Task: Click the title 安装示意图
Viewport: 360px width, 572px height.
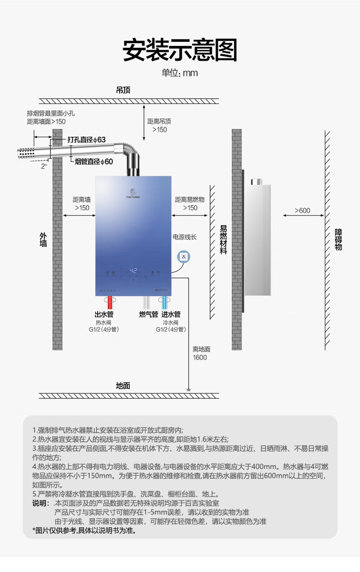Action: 180,50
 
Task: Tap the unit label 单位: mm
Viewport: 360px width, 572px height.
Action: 180,73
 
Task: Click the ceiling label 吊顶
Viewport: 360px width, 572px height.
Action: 123,91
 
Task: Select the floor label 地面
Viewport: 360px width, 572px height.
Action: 123,386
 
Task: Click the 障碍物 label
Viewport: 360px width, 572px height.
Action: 338,239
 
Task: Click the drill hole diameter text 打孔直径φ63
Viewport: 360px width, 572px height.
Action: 87,139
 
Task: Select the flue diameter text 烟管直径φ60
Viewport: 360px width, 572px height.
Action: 93,161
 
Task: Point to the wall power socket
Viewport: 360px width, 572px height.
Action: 184,257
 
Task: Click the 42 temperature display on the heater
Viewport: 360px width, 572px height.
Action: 133,271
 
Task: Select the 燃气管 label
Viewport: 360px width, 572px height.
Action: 148,314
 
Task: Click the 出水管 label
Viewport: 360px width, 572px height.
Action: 104,314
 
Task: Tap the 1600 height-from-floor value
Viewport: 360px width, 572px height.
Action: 200,357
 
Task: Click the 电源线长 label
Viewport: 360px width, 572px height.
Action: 184,237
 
